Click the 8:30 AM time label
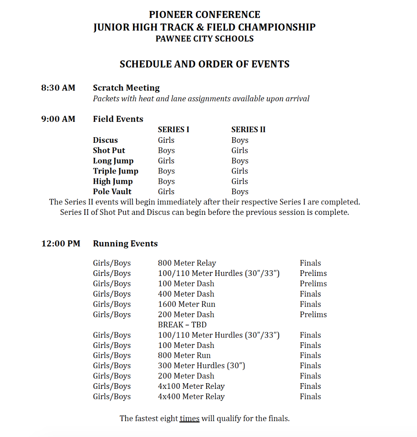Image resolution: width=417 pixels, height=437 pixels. [58, 88]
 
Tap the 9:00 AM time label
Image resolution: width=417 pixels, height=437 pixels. [58, 119]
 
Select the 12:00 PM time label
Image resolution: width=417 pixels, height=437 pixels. [61, 244]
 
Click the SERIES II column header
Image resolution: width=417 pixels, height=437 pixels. [248, 129]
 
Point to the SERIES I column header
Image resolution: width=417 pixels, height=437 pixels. [173, 129]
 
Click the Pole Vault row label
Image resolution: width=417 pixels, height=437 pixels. [112, 192]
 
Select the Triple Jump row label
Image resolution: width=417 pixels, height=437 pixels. [116, 171]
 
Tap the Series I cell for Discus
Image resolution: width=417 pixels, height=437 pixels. [166, 140]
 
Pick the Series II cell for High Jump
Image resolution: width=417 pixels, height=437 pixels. [240, 181]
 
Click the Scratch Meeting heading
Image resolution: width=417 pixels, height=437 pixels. [126, 88]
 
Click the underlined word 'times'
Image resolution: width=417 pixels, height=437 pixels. [190, 418]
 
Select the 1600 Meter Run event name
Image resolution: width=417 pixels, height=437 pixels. [186, 304]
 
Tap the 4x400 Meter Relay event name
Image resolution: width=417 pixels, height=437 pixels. [191, 397]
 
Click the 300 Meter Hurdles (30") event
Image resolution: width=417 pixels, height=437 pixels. [201, 366]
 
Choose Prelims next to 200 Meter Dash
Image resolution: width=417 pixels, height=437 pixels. [313, 314]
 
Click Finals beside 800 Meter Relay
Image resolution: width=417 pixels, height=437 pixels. [310, 263]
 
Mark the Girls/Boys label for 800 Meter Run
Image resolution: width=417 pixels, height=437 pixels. [112, 355]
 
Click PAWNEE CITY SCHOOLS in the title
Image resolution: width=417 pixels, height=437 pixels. [204, 39]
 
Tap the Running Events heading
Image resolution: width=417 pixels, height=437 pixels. [125, 244]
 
